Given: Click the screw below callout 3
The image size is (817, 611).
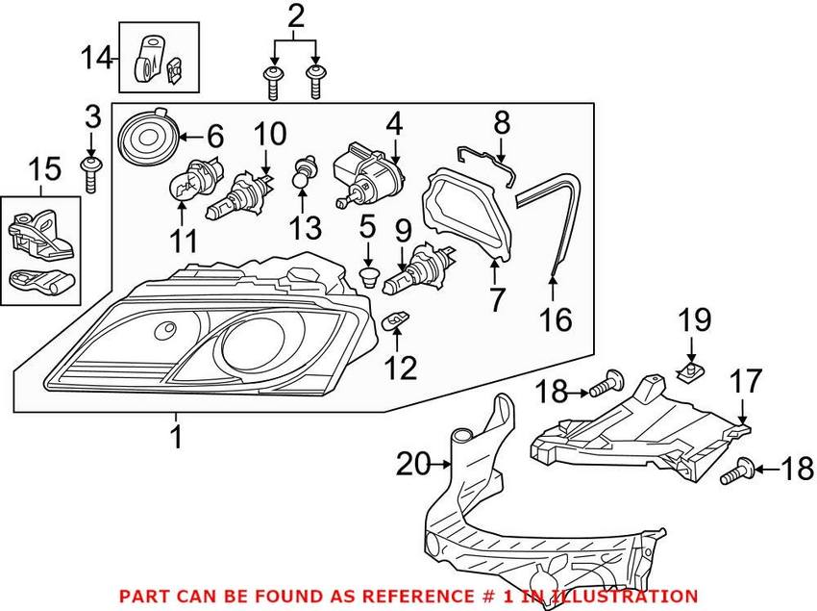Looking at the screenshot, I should [x=90, y=174].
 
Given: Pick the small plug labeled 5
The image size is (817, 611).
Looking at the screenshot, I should [x=366, y=278].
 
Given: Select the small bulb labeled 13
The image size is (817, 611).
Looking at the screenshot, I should [x=302, y=172].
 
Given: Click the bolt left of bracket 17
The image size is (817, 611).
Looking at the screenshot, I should [x=601, y=388].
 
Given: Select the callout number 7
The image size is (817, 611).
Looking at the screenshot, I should [x=496, y=300].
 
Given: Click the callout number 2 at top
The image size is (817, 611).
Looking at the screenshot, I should [x=295, y=16].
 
